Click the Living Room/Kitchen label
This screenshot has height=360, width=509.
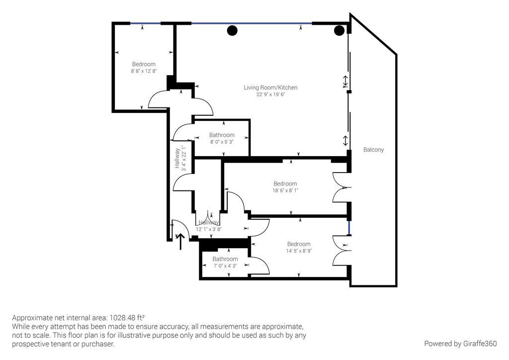(270, 88)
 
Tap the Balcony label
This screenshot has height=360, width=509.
(373, 150)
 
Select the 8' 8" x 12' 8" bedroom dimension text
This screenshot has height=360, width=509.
(144, 71)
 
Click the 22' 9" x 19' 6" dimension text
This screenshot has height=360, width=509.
(270, 94)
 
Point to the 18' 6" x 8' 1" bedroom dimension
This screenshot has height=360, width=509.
(285, 190)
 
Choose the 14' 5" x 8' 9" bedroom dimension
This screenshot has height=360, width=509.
(298, 251)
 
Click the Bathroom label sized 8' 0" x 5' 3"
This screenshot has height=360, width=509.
(222, 135)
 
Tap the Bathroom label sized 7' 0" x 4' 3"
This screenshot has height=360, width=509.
(225, 259)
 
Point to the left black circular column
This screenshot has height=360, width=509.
(232, 30)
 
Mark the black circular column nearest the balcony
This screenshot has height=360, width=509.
(339, 31)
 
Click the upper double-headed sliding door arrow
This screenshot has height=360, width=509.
(345, 80)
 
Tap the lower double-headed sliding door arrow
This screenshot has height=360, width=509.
(345, 140)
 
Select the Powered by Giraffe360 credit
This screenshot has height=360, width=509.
(460, 344)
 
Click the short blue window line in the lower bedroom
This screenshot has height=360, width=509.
(349, 228)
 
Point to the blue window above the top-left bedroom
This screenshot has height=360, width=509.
(145, 23)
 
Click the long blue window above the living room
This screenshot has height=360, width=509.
(252, 23)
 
